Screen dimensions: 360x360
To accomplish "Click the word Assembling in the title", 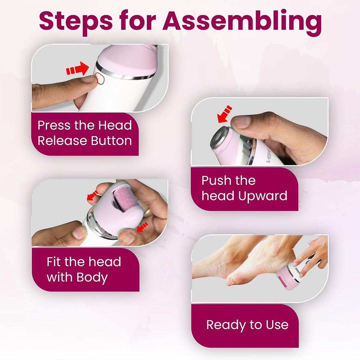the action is point(242,22).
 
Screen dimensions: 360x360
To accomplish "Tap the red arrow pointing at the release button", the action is point(78,69).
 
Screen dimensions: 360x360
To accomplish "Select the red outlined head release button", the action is point(99,78).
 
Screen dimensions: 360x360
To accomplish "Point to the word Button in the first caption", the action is point(111,141).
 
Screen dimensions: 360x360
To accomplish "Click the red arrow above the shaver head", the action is point(225,114).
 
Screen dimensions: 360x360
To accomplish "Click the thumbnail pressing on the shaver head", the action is point(240,122).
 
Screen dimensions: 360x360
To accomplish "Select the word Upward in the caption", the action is point(263,196).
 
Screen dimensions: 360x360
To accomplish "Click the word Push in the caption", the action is point(216,180).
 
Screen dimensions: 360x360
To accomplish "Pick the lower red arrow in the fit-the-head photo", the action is point(142,227).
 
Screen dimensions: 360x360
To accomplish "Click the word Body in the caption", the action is point(92,278).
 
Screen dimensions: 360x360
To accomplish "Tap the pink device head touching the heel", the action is point(286,278).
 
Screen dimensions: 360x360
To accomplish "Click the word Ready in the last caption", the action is point(226,325).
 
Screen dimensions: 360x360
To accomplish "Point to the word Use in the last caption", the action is point(277,325).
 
